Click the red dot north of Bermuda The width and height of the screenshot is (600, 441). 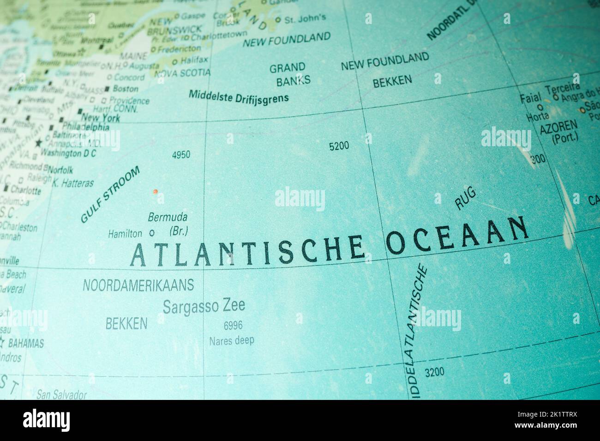(x=156, y=191)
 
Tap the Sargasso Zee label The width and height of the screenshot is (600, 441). (x=204, y=306)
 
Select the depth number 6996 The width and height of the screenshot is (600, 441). (x=233, y=326)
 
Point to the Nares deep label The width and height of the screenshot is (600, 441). (x=231, y=341)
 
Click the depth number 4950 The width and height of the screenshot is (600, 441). (x=180, y=155)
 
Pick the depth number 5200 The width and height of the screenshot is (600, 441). (x=339, y=146)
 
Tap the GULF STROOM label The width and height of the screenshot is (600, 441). (x=110, y=195)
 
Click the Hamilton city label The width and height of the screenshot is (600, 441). (x=125, y=234)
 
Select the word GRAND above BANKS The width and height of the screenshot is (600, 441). (x=287, y=68)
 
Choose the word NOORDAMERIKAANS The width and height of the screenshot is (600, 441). (x=138, y=286)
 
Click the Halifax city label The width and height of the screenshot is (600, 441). (x=194, y=60)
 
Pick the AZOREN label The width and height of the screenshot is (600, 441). (x=558, y=125)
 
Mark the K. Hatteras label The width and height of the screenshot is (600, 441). (x=72, y=183)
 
